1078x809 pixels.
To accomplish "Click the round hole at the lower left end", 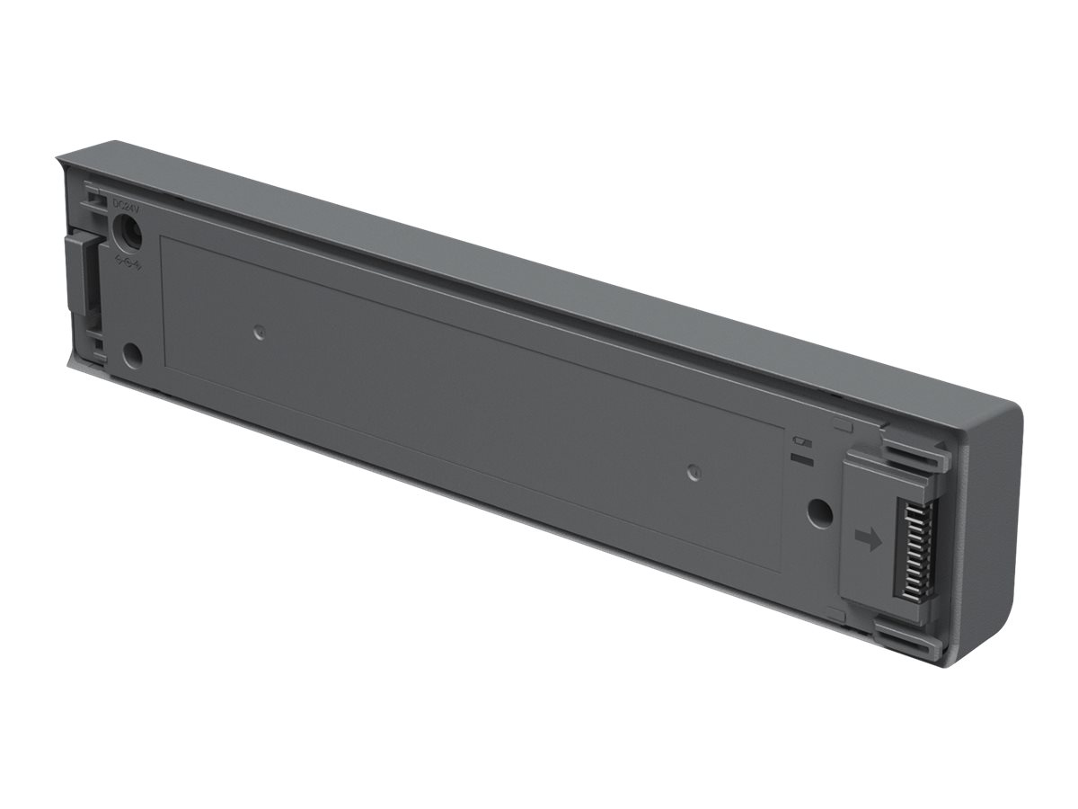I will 131,355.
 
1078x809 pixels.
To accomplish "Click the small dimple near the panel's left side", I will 259,333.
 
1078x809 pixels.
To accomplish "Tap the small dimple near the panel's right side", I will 692,471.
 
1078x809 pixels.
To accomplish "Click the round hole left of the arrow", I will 818,512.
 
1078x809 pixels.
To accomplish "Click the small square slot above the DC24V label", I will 93,192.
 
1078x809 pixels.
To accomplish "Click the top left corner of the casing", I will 58,159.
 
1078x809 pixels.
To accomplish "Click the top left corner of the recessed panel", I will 162,237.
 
